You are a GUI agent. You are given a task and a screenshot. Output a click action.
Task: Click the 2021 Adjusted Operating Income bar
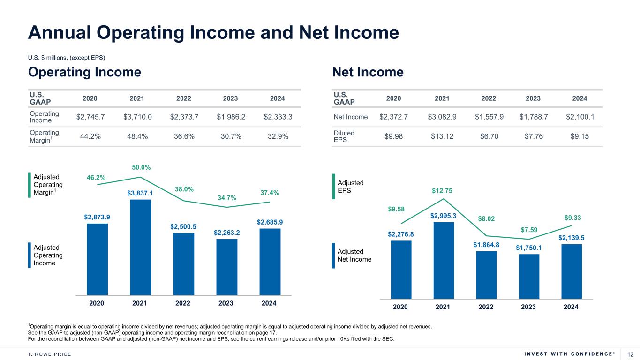(x=140, y=247)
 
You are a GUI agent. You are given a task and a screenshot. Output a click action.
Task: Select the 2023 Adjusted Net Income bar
(x=529, y=276)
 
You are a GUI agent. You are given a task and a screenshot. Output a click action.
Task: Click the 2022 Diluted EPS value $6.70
(x=489, y=136)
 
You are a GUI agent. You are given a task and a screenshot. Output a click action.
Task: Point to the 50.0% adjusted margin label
(x=141, y=167)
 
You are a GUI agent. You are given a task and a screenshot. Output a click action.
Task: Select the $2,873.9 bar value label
(x=97, y=217)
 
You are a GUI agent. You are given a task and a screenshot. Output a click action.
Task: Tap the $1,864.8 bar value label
(x=486, y=245)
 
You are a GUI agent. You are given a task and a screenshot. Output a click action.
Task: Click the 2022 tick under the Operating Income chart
(x=182, y=303)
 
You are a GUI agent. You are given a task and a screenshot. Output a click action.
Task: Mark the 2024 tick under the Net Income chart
(x=571, y=307)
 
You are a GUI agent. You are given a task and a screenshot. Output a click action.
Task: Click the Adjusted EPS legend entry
(x=351, y=187)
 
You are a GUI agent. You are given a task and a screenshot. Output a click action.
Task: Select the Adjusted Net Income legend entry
(x=354, y=255)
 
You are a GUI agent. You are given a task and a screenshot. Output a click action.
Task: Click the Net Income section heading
(x=368, y=72)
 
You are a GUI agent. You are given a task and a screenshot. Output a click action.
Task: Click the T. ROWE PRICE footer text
(x=50, y=354)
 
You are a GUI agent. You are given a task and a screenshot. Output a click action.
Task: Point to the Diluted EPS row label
(x=344, y=136)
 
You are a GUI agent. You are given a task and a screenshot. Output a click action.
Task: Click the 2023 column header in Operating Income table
(x=230, y=98)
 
